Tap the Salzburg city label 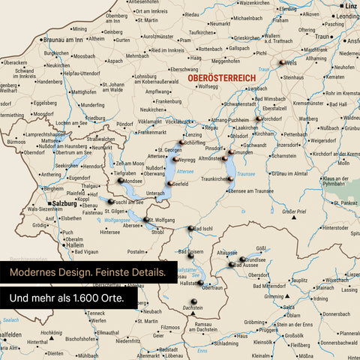(66, 203)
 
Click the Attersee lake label (184, 171)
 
